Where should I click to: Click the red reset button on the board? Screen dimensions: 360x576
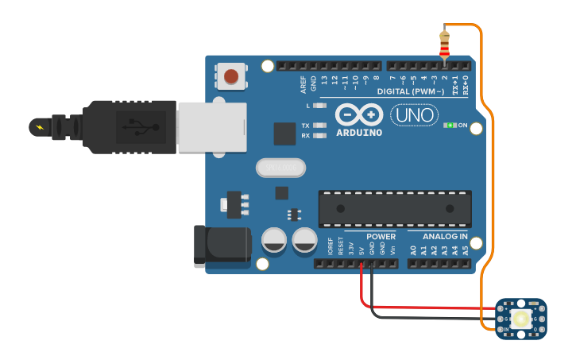pyautogui.click(x=230, y=76)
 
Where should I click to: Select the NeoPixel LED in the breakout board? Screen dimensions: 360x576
pyautogui.click(x=521, y=319)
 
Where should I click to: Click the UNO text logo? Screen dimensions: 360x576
pyautogui.click(x=415, y=115)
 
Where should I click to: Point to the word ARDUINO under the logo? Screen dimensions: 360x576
pyautogui.click(x=359, y=132)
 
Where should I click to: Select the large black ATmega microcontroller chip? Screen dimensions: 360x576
pyautogui.click(x=395, y=209)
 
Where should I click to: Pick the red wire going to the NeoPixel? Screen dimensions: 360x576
pyautogui.click(x=429, y=306)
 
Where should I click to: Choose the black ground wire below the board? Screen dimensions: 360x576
pyautogui.click(x=429, y=316)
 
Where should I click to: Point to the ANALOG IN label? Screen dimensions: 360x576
pyautogui.click(x=445, y=237)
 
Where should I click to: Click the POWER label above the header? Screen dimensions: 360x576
pyautogui.click(x=381, y=237)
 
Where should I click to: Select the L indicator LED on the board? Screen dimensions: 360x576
pyautogui.click(x=319, y=105)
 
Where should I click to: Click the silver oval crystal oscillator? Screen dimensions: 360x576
pyautogui.click(x=280, y=168)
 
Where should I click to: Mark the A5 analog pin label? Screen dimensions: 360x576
pyautogui.click(x=466, y=250)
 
